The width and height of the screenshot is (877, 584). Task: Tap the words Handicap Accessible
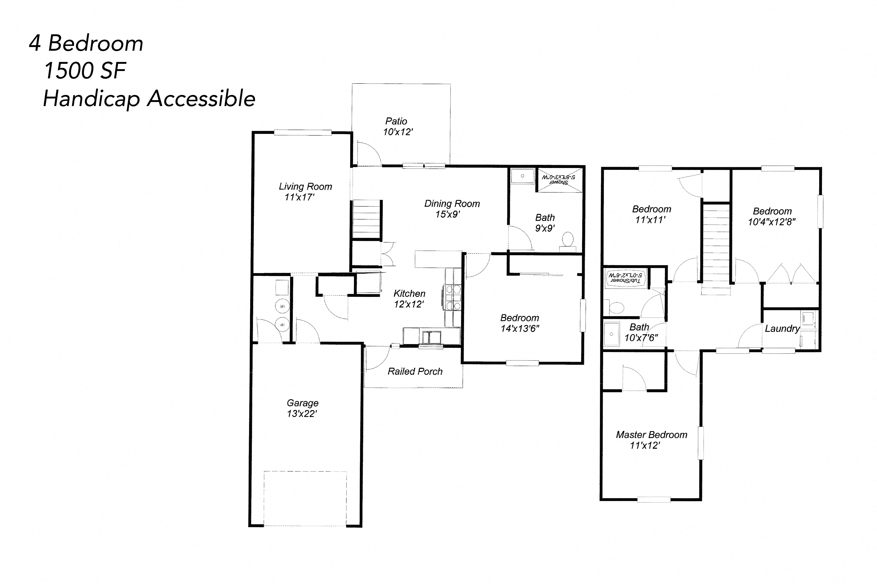pos(149,99)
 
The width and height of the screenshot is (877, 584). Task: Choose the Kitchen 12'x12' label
pos(409,299)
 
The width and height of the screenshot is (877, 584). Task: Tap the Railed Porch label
pos(415,371)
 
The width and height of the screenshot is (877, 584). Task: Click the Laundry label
pos(782,328)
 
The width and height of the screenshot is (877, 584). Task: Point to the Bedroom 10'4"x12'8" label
pos(771,216)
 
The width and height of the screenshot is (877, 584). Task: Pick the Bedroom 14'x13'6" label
pos(519,323)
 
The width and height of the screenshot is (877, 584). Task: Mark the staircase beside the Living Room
pos(366,220)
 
